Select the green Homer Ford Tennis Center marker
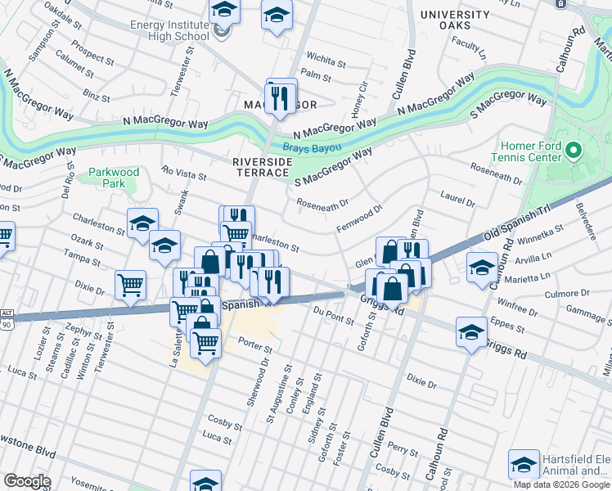tap(573, 150)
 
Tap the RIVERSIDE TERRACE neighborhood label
tap(261, 167)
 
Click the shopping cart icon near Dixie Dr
tap(131, 284)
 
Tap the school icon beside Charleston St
tap(142, 223)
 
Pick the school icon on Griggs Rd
tap(470, 332)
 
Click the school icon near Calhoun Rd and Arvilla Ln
tap(482, 267)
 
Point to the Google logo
tap(27, 480)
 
